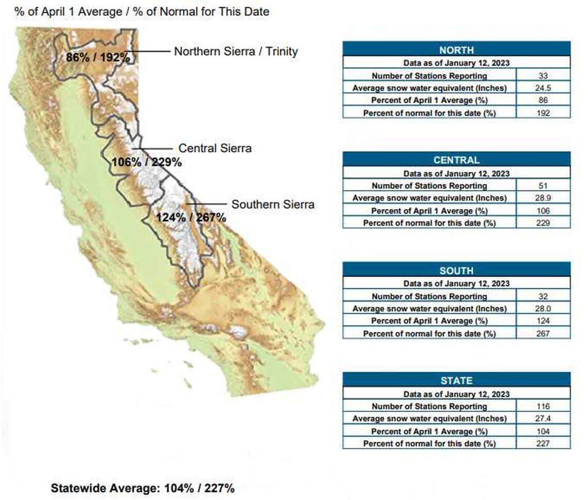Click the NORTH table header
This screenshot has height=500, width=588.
[456, 50]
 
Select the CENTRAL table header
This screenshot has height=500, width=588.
[456, 160]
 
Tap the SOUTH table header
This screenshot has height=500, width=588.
[456, 270]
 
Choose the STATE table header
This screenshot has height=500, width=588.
[456, 380]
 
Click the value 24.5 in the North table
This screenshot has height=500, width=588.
[543, 88]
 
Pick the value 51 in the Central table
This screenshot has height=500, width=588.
[543, 186]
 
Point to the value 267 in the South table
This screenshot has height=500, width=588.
[543, 333]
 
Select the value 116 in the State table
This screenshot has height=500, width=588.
[543, 407]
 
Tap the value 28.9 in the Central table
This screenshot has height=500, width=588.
[543, 198]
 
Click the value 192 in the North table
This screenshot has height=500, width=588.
[543, 113]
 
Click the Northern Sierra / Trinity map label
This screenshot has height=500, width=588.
[236, 52]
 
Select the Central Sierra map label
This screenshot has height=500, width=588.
[215, 148]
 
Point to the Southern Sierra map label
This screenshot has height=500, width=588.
[272, 204]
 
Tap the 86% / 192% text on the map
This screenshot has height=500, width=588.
[98, 57]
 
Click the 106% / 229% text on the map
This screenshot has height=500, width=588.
[146, 162]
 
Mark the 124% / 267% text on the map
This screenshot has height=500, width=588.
[191, 217]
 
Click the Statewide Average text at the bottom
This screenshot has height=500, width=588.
[143, 488]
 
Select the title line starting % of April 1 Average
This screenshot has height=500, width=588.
[142, 11]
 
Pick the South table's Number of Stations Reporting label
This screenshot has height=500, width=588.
[429, 296]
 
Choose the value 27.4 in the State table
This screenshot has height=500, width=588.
[543, 419]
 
